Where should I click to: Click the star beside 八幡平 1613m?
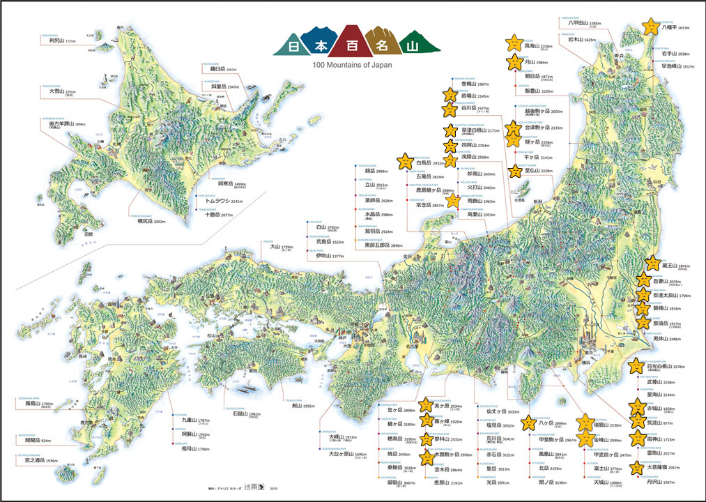[x=650, y=26]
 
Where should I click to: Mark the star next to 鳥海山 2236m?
[x=514, y=43]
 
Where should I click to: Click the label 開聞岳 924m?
[x=37, y=441]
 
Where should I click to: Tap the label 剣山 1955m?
[x=300, y=405]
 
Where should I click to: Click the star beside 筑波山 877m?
[x=636, y=422]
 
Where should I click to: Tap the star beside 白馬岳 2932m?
[x=404, y=162]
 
